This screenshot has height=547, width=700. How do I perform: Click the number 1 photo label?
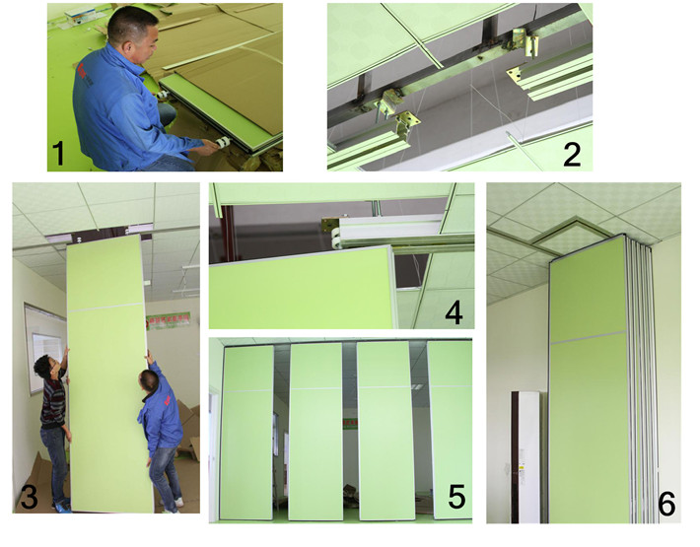coord(58,153)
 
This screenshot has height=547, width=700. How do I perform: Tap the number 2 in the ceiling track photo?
coord(572,154)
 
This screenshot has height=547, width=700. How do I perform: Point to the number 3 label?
coord(29,497)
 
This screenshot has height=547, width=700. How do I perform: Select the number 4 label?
coord(454,312)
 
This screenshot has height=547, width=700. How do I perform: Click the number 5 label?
coord(456,497)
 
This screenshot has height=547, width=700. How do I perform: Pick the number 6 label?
coord(666,504)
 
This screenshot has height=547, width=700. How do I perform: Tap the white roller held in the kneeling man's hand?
coord(222,142)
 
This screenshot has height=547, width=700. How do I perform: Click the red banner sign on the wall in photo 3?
coord(168,320)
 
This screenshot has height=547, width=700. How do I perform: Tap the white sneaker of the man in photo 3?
coord(177,503)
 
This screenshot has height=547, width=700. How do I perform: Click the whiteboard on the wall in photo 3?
coord(43,349)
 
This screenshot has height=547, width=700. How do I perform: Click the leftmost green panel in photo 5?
coord(245,433)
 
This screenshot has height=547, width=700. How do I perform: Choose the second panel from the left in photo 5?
coord(315,432)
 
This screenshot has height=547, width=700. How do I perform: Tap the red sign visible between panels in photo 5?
coord(350,423)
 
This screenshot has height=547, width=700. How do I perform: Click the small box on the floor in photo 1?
coord(80,16)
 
